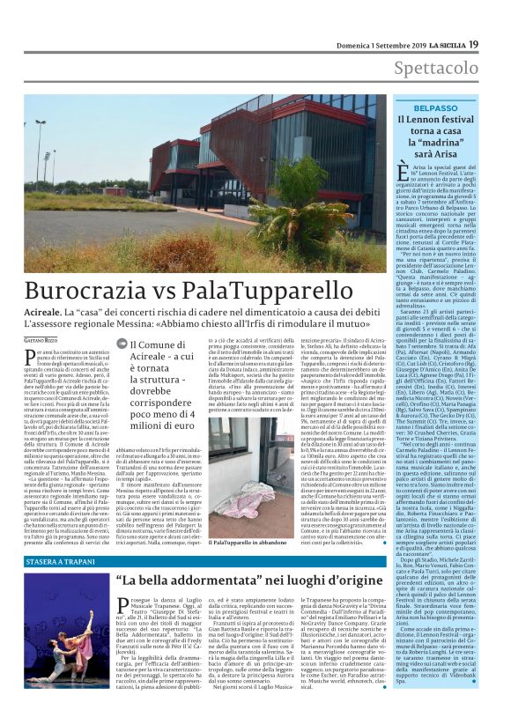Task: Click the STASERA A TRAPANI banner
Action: [x=63, y=559]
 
